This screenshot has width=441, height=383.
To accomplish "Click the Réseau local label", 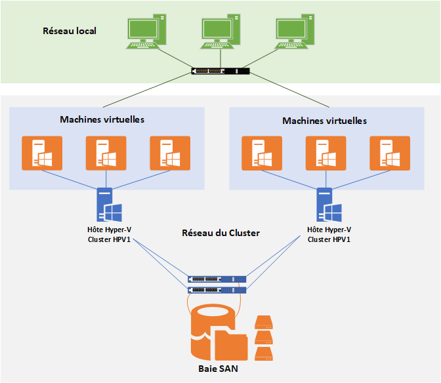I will pos(70,30).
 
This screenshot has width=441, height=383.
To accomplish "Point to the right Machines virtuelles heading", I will pos(324,121).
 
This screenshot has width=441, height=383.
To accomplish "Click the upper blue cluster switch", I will pos(217,278).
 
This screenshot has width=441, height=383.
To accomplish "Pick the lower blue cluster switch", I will pos(217,289).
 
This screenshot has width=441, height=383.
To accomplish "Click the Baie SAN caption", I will pos(219,369).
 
